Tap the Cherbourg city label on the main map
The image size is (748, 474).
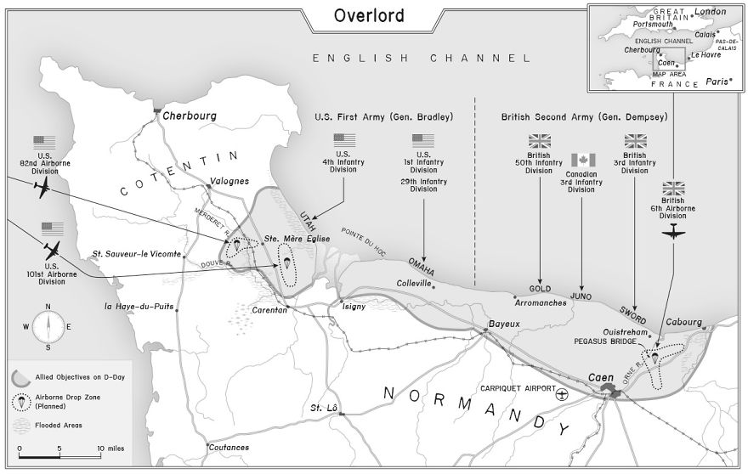point(190,116)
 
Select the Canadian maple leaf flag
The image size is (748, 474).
point(582,160)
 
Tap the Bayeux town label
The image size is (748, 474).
point(503,324)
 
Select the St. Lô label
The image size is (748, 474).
point(324,408)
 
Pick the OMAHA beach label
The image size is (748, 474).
point(422,265)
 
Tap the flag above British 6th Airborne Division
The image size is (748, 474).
point(674,188)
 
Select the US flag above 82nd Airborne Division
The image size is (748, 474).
point(44,143)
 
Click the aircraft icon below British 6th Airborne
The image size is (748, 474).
point(674,234)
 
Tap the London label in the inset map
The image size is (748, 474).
point(710,11)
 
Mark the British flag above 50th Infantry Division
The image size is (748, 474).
point(540,141)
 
